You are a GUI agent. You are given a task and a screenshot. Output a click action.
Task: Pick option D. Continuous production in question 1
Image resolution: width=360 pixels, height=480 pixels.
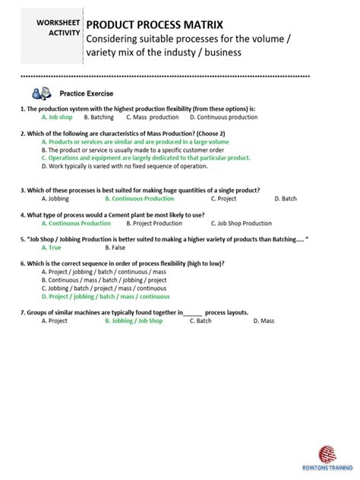click(223, 118)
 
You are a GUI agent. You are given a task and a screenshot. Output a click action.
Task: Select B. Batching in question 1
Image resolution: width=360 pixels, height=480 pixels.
click(99, 118)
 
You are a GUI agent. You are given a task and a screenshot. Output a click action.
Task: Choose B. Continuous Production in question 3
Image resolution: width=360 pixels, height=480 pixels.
click(139, 198)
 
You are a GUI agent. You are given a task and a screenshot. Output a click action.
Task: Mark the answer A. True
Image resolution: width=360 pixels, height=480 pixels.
click(52, 248)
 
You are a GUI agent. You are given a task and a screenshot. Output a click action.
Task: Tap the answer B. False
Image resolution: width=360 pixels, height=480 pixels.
click(113, 248)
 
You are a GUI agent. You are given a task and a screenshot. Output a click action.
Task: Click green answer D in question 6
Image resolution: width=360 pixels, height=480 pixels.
click(106, 296)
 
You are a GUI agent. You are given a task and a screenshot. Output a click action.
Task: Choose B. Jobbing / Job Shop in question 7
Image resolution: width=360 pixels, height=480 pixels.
click(134, 321)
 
